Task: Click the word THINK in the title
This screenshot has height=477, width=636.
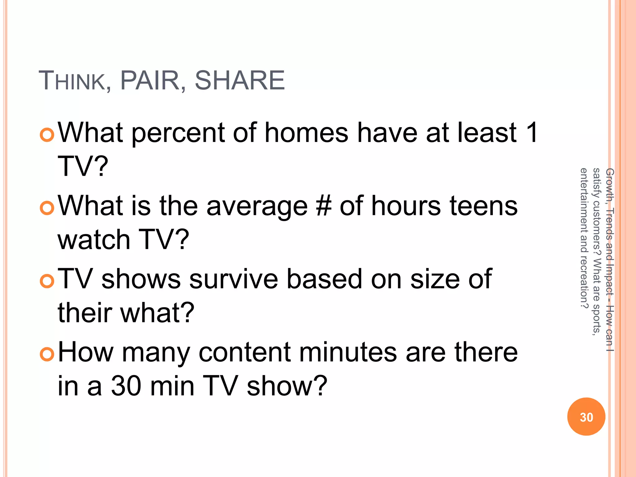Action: pos(72,81)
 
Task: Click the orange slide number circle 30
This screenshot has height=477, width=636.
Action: pos(586,417)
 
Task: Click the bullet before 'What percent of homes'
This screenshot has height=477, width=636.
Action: pos(47,134)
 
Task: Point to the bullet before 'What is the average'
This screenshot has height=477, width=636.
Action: pos(47,208)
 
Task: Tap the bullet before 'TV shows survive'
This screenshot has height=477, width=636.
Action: pos(47,281)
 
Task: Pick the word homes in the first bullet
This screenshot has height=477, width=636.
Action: pos(306,133)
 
